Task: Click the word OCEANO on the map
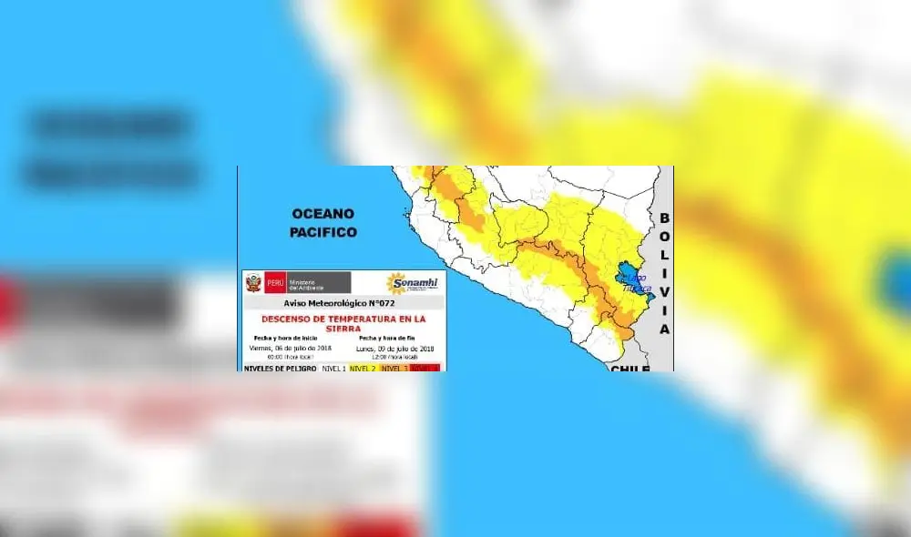[322, 213]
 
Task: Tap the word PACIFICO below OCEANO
[323, 232]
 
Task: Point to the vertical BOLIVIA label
[664, 274]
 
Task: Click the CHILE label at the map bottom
[630, 369]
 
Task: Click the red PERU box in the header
[275, 282]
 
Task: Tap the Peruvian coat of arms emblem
[252, 282]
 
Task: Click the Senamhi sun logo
[397, 283]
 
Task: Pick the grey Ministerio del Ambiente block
[318, 282]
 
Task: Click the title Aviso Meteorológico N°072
[343, 303]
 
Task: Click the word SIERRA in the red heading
[343, 330]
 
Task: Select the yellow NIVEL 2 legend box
[363, 368]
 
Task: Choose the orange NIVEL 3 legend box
[394, 368]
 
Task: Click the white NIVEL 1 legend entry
[334, 368]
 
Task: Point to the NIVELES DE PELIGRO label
[280, 368]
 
